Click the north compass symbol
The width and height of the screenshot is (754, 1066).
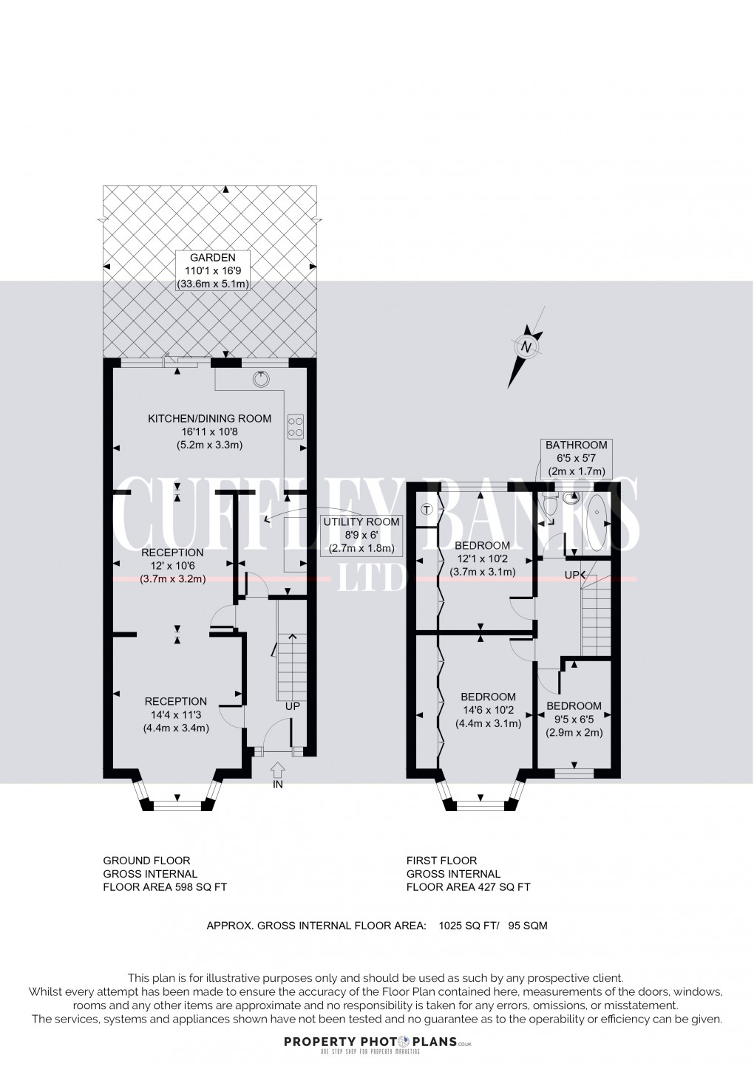[x=526, y=347]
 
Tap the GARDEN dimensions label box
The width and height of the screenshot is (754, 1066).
[x=213, y=270]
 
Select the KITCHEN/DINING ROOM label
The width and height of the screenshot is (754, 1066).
[x=209, y=431]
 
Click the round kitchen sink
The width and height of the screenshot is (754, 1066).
[x=260, y=380]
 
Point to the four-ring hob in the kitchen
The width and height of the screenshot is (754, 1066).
[x=295, y=427]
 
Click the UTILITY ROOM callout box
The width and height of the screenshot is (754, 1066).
[x=361, y=535]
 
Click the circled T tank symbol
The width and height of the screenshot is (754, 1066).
[x=427, y=509]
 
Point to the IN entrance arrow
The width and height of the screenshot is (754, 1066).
[x=278, y=775]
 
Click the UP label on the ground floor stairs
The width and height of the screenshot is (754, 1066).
[x=293, y=706]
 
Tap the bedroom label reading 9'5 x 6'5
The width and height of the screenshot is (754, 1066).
[x=574, y=719]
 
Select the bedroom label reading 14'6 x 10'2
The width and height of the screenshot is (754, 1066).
[x=488, y=710]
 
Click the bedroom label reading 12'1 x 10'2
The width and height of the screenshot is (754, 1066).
[x=482, y=558]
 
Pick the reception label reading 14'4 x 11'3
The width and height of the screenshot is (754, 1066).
[x=176, y=714]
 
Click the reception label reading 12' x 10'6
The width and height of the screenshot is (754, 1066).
[x=173, y=566]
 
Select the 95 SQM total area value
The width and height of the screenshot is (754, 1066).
[x=528, y=925]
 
